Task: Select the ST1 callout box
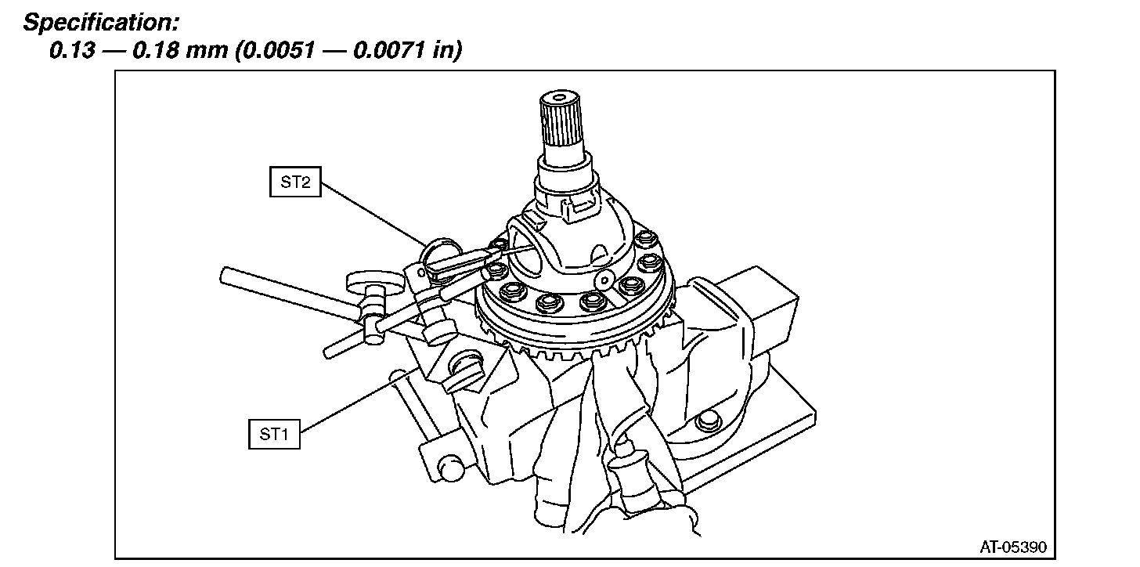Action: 274,434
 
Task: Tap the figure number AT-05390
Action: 1012,546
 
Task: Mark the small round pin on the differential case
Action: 603,280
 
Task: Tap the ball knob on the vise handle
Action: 452,471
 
